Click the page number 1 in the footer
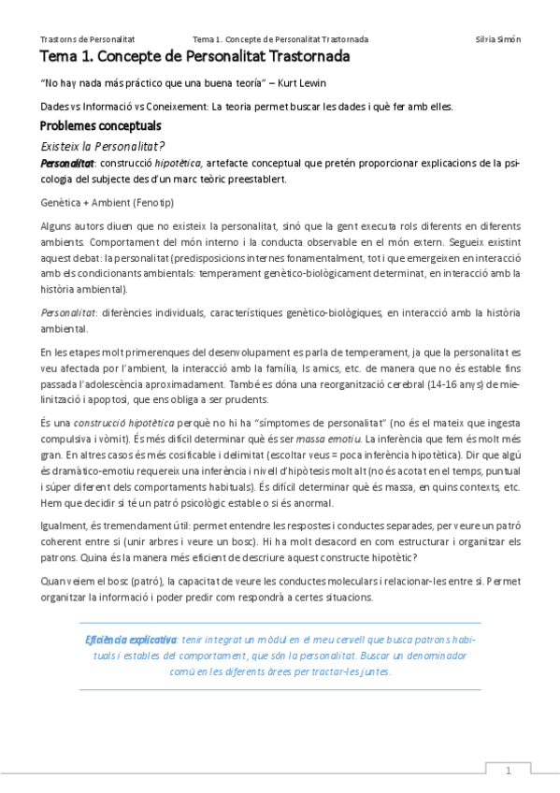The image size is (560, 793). [x=508, y=771]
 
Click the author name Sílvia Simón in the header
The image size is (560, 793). [x=498, y=40]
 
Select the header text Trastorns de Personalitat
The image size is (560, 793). [x=88, y=40]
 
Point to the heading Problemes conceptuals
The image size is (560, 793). [x=101, y=125]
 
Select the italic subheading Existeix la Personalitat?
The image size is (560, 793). [x=103, y=146]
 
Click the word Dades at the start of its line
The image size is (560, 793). [x=55, y=107]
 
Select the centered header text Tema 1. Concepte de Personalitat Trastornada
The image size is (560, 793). [x=280, y=40]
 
